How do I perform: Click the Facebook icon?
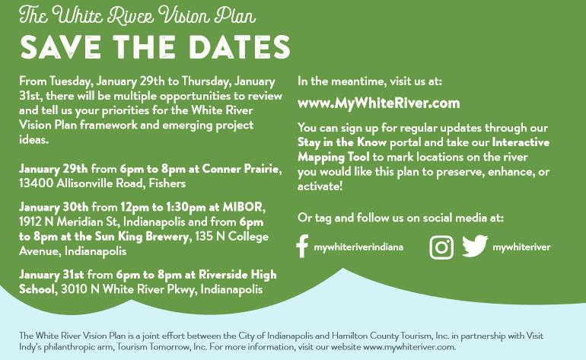[x=302, y=247]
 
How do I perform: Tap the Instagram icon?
[x=441, y=247]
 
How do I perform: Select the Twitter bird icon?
[x=475, y=246]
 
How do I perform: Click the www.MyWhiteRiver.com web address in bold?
[x=378, y=104]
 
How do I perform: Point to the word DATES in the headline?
[x=240, y=47]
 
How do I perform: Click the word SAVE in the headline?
[x=61, y=47]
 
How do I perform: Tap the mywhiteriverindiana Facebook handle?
[x=358, y=247]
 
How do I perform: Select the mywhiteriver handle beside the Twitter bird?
[x=521, y=247]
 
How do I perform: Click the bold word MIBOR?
[x=243, y=207]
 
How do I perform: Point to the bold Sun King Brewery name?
[x=142, y=237]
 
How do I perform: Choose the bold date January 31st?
[x=52, y=275]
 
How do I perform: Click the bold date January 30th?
[x=54, y=207]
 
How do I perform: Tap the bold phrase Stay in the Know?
[x=342, y=142]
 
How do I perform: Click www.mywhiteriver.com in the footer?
[x=409, y=347]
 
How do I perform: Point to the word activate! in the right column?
[x=320, y=186]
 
